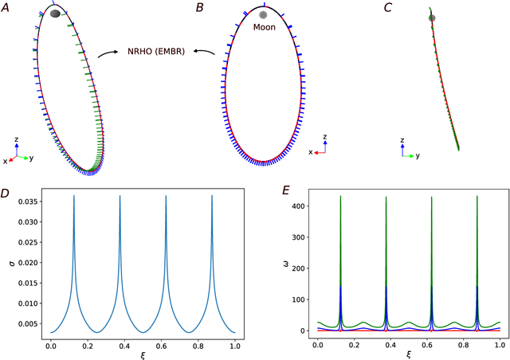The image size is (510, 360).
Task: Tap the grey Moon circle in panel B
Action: [x=264, y=14]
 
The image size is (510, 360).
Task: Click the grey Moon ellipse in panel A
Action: [x=55, y=14]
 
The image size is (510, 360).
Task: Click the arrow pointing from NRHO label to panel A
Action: [x=106, y=55]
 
